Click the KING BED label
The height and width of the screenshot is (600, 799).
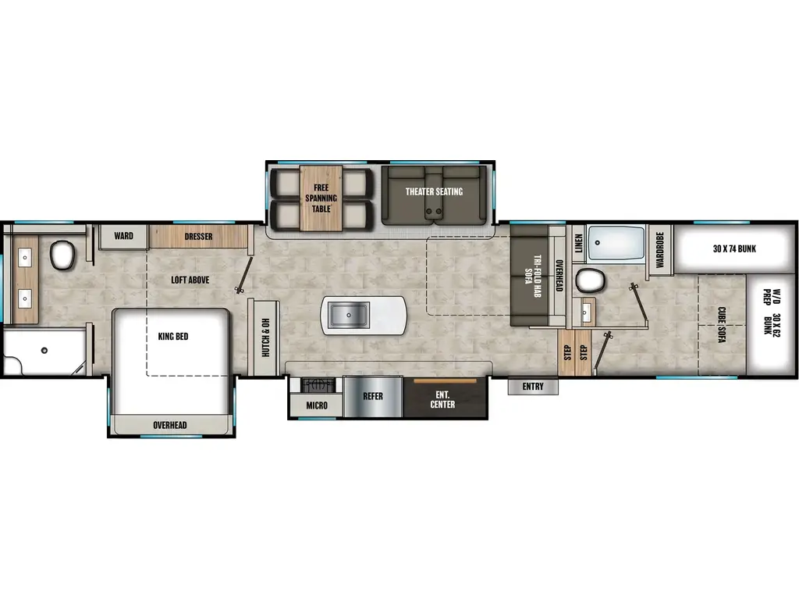point(173,337)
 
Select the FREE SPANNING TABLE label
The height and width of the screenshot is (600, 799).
point(321,198)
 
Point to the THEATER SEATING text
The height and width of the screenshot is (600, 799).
point(434,191)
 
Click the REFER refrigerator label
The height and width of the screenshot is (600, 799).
point(373,396)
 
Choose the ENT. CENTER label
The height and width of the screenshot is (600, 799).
point(442,399)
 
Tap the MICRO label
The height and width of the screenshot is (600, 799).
point(316,405)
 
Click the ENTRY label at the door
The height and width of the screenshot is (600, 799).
point(533,387)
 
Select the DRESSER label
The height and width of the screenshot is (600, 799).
point(199,236)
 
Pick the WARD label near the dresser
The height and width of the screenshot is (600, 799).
point(123,236)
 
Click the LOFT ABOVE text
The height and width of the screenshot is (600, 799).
point(190,280)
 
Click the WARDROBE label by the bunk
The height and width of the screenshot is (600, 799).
point(659,250)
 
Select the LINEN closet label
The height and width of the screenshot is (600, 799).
point(578,243)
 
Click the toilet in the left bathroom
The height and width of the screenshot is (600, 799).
point(62,254)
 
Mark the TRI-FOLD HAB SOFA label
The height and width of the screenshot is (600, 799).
point(527,273)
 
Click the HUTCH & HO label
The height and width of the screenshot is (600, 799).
point(265,336)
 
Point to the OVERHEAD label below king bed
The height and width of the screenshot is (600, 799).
point(169,425)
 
